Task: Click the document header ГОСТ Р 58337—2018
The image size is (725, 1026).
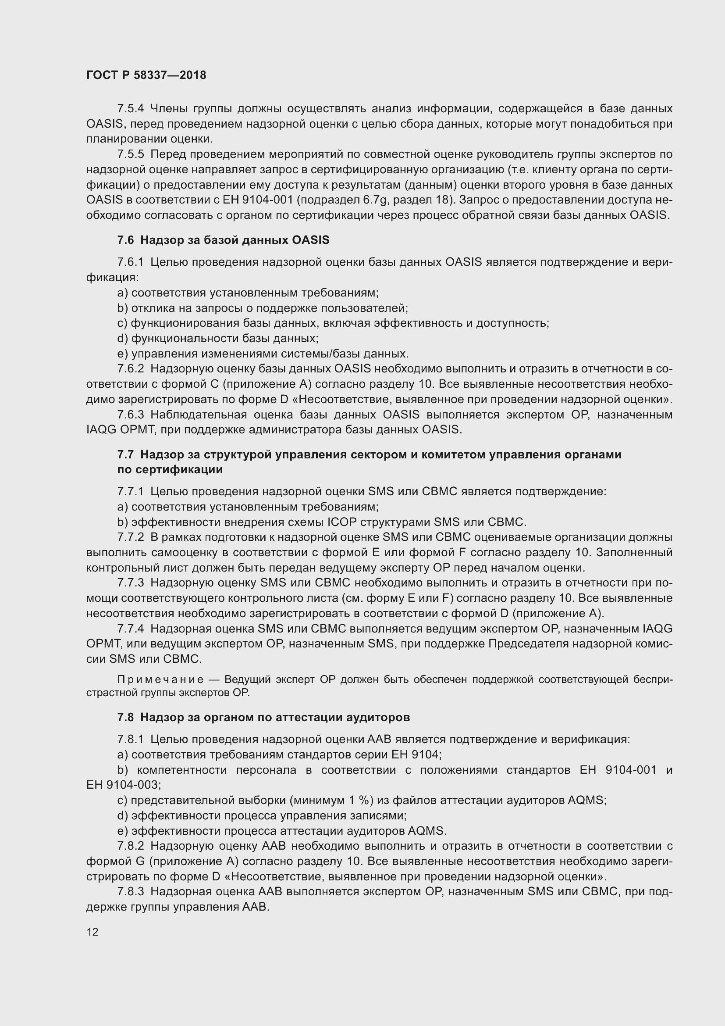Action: coord(146,75)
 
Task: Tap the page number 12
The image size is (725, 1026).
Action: coord(92,932)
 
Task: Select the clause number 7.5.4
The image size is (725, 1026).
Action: coord(130,109)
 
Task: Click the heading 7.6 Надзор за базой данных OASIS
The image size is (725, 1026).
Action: coord(223,240)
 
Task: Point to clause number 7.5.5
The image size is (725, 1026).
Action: coord(130,154)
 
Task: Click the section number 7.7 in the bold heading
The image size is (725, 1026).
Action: coord(125,454)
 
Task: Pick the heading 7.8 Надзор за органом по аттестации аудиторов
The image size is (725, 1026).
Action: coord(263,717)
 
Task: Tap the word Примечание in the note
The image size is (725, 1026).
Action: coord(160,679)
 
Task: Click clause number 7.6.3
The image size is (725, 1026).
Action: coord(130,415)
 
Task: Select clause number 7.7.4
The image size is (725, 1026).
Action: coord(130,629)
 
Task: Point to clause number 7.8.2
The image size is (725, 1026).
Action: coord(130,846)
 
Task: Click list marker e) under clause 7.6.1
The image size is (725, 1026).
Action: coord(122,354)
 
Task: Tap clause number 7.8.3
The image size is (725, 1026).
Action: coord(130,891)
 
